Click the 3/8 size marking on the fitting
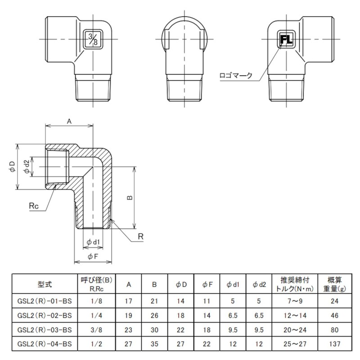(x=92, y=39)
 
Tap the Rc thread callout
(x=34, y=205)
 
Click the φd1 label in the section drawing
(x=92, y=243)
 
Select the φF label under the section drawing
(x=93, y=256)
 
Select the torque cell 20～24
(x=293, y=330)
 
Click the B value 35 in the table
(x=154, y=345)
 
